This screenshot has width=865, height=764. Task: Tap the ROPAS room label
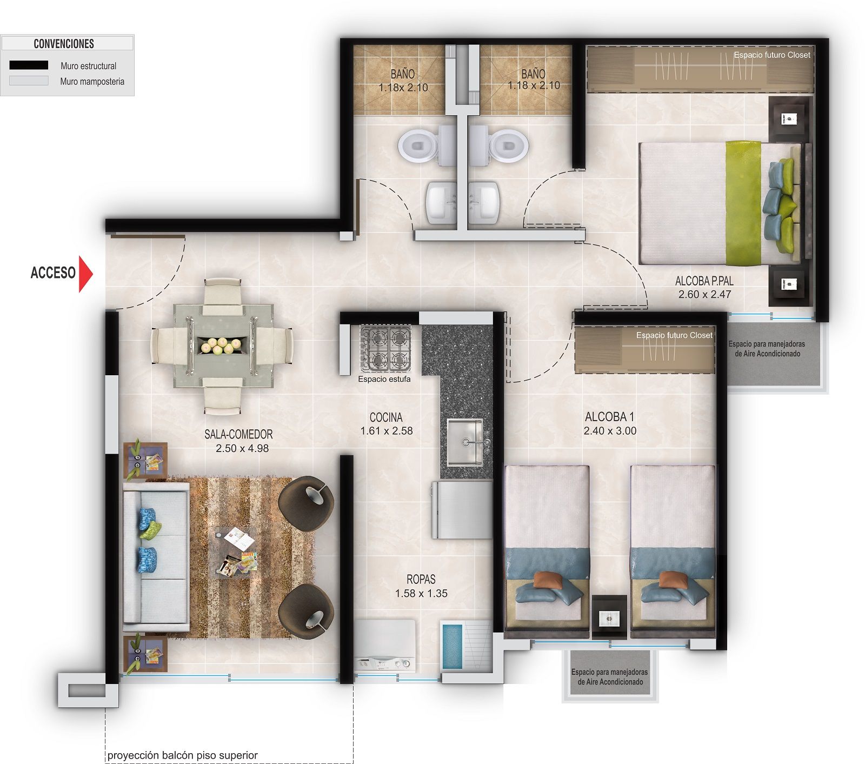tap(421, 580)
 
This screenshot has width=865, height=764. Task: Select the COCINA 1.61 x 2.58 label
tap(386, 424)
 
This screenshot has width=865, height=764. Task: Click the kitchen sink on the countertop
tap(465, 442)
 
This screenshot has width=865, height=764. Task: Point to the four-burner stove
tap(386, 348)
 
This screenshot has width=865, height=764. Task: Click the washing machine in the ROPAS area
tap(384, 646)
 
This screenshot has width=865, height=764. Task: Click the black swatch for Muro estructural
tap(29, 65)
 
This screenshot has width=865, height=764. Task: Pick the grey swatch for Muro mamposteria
tap(29, 81)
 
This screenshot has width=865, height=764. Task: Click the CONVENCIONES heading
tap(64, 44)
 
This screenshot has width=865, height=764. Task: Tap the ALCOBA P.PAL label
tap(704, 281)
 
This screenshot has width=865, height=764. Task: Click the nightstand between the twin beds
tap(609, 616)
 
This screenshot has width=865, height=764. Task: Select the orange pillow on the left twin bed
tap(547, 580)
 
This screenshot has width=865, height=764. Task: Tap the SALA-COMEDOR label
tap(238, 434)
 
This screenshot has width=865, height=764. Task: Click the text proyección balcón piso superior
tap(182, 755)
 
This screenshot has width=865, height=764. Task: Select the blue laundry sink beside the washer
tap(452, 646)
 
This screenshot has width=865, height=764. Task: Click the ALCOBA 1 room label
tap(609, 417)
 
